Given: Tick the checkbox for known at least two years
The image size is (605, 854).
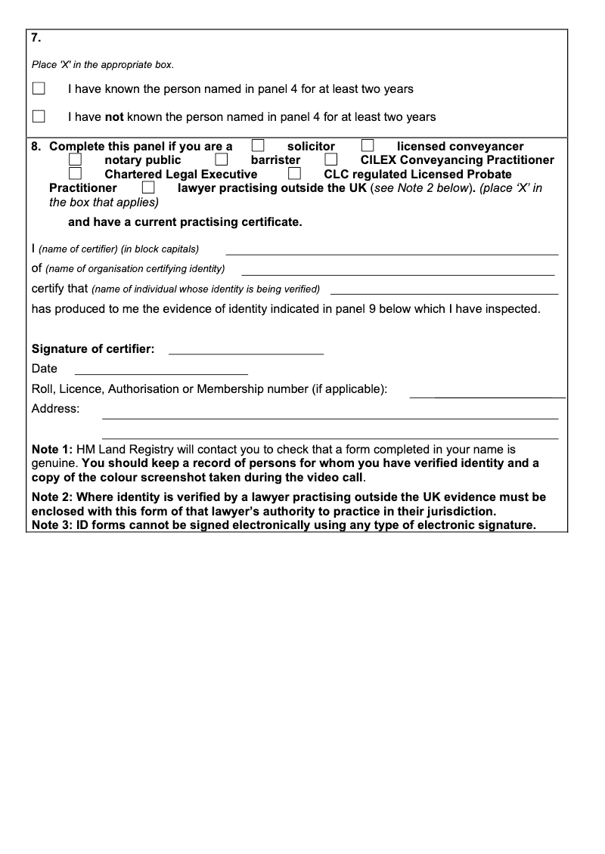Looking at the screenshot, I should coord(39,88).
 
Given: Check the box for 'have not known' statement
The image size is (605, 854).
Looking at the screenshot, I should coord(39,116).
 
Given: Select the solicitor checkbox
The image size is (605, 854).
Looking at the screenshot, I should coord(258,146).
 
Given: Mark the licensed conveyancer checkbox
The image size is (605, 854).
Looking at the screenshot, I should coord(368,146).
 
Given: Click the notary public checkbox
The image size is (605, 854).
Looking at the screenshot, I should coord(75,159).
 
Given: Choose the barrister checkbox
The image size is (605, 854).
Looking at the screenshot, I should coord(222,159).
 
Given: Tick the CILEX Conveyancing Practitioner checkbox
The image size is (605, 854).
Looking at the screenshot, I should coord(331,159).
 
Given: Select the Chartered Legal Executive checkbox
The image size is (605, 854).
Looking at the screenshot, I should coord(75,174).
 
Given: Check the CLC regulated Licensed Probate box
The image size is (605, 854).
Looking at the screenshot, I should coord(295,174).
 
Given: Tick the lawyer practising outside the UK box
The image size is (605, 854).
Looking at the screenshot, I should coord(148,187).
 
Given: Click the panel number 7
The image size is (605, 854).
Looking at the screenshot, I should coord(36,38).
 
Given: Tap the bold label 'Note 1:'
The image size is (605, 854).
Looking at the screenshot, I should coord(52,449).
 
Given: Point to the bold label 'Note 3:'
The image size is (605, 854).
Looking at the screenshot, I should coord(52,525).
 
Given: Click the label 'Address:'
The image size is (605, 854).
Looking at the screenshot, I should coord(55,409).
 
